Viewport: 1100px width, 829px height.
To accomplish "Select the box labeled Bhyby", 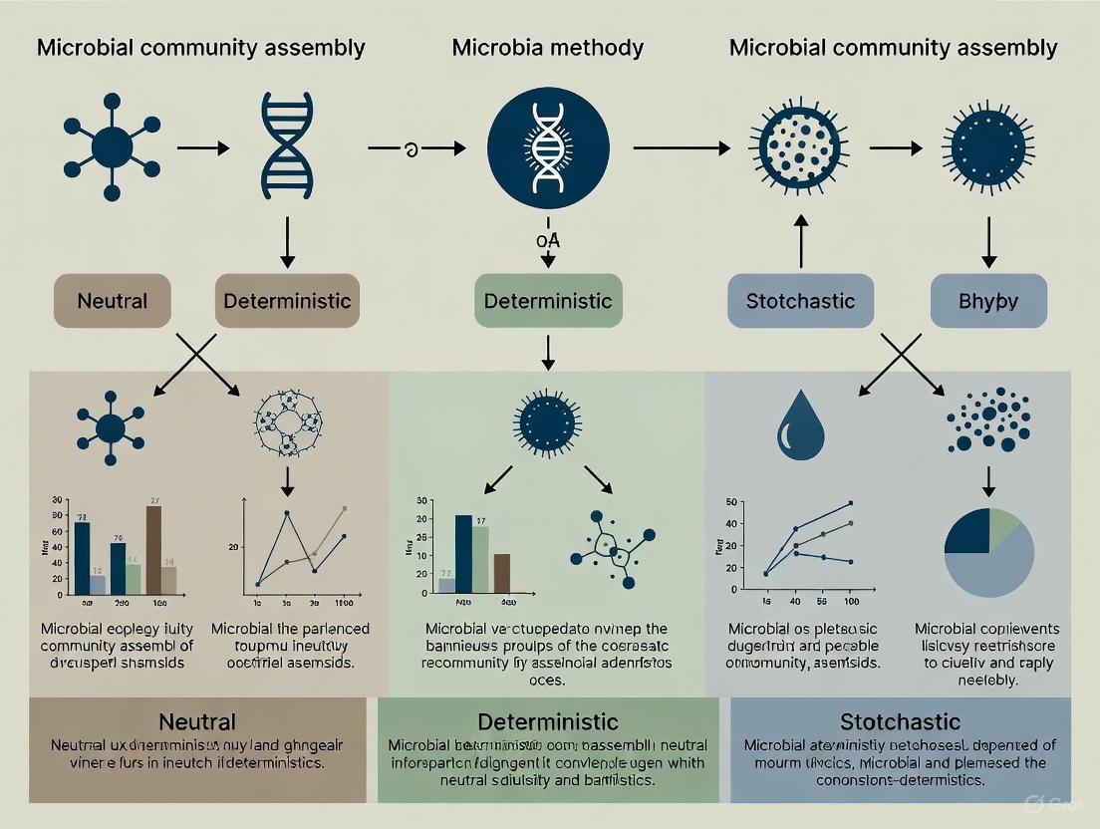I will coord(987,300).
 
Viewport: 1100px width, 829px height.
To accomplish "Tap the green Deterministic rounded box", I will coord(547,300).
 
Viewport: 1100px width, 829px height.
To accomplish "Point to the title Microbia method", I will coord(547,47).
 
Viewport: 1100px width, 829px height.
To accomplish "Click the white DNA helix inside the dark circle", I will coord(547,146).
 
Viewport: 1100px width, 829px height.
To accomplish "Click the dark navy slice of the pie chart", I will coord(965,531).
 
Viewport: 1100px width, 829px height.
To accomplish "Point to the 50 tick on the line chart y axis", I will coord(731,501).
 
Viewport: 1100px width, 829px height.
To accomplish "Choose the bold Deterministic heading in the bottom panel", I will coord(547,720).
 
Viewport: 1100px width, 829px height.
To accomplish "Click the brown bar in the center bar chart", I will coord(501,573).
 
